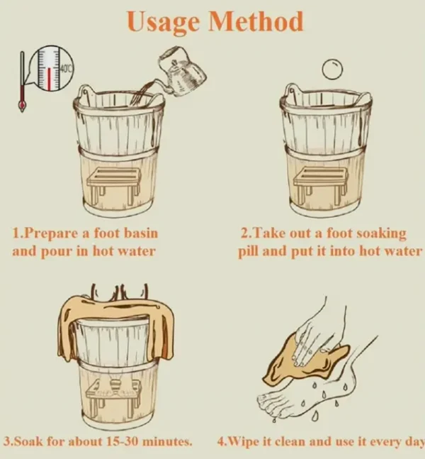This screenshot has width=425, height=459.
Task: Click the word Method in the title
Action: click(x=256, y=21)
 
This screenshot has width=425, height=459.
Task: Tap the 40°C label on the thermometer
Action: click(x=67, y=69)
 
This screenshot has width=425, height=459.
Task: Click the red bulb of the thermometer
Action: click(x=21, y=104)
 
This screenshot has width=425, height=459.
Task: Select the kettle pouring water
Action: click(x=181, y=72)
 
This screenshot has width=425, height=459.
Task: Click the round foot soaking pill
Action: click(x=333, y=69)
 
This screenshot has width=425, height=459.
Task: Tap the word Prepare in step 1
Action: click(x=51, y=234)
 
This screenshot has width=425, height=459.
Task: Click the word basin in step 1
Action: click(x=141, y=233)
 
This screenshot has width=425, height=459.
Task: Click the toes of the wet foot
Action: click(x=271, y=404)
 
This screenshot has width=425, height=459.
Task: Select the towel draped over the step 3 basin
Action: click(x=116, y=325)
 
